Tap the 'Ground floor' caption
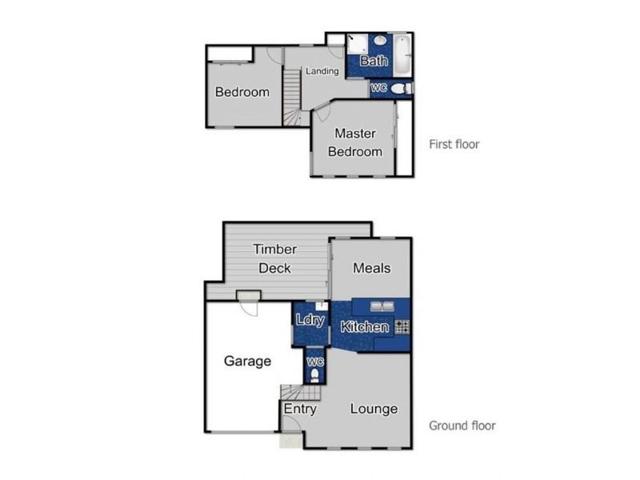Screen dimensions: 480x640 462,426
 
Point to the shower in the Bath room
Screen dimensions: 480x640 356,46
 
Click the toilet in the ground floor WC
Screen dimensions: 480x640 314,374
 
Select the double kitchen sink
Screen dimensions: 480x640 381,306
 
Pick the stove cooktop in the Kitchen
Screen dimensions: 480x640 402,326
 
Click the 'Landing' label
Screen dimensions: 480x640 322,71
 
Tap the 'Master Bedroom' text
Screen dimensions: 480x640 358,142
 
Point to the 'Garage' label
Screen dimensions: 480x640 247,361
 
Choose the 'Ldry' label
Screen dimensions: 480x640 310,320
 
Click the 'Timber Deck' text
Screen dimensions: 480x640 274,258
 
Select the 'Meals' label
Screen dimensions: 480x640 371,267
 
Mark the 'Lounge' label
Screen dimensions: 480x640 374,409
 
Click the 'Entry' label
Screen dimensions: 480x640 300,409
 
